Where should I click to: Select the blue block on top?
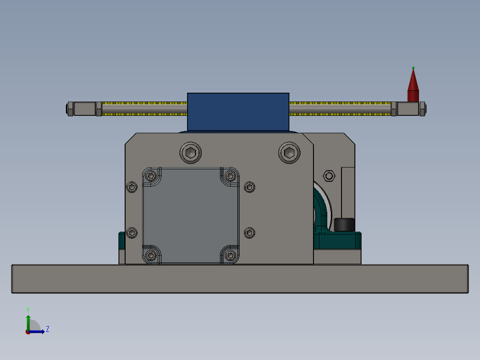coord(238,111)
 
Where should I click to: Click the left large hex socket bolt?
coord(191,153)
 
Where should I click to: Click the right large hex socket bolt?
coord(289,153)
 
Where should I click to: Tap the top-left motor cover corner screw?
coord(151,175)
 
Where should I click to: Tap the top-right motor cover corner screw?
coord(230,176)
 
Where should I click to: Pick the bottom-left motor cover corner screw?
coord(151,255)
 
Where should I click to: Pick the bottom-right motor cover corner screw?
coord(230,255)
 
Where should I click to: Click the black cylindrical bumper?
coord(344,224)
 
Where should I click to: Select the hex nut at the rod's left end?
coord(70,109)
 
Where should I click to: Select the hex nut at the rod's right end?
coord(422,109)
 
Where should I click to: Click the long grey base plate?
coord(240,279)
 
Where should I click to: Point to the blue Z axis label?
coord(47,329)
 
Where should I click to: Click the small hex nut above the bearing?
coord(329,176)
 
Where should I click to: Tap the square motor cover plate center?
coord(191,215)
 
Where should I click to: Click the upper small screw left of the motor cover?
coord(132,187)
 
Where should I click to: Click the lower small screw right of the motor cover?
coord(250,233)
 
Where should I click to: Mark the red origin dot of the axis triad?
coord(28,332)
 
